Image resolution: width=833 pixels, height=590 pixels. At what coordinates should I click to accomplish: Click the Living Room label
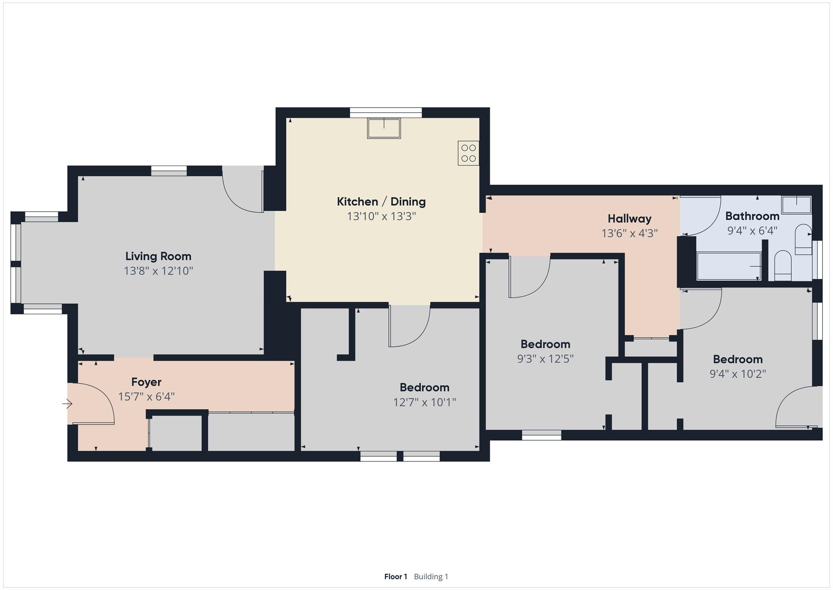158,256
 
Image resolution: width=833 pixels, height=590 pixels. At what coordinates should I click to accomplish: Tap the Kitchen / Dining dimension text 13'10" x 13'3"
382,216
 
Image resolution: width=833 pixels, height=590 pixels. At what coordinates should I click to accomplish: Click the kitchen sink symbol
384,128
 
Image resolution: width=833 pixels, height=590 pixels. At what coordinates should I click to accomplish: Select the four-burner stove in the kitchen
468,153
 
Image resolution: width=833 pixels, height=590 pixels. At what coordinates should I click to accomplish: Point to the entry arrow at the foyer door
67,404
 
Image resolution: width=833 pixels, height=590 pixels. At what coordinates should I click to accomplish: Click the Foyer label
146,382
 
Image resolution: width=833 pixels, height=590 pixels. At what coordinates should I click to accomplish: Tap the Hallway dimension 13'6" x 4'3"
629,233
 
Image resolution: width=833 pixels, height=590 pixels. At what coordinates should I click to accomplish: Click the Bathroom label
752,216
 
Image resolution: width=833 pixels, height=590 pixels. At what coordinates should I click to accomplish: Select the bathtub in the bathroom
729,266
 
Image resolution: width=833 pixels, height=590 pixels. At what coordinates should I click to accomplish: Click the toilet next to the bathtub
783,266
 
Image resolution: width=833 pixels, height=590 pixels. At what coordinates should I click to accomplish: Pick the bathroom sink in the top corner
796,205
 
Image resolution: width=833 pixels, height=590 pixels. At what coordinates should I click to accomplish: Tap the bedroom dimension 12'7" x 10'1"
424,402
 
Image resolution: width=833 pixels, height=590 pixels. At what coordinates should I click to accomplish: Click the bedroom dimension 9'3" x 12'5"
545,359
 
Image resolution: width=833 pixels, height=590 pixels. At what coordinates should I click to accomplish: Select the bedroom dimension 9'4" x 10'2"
738,374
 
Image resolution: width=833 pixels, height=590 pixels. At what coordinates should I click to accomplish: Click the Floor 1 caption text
396,577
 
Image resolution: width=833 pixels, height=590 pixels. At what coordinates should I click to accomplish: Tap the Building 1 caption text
431,577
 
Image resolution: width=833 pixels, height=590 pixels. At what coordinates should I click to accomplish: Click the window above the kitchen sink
386,113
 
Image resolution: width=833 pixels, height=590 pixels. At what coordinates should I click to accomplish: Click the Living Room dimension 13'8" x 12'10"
158,271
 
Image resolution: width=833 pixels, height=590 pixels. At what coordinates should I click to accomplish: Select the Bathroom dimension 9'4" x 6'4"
752,231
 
